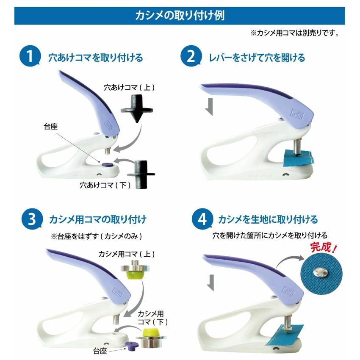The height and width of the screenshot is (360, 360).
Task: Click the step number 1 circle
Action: click(x=30, y=56)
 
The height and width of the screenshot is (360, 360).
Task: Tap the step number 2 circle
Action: click(x=191, y=56)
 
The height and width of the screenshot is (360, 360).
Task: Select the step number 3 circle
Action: click(x=32, y=219)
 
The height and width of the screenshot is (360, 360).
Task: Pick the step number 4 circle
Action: click(x=202, y=219)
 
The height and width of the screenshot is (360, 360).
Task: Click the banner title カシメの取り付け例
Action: click(x=180, y=16)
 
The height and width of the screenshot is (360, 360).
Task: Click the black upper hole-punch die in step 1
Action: click(x=137, y=109)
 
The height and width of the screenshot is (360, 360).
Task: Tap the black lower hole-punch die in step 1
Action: click(x=141, y=174)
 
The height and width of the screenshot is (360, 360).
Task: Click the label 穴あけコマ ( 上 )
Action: click(x=129, y=88)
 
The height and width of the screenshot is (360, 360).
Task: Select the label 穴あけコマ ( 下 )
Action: click(x=105, y=185)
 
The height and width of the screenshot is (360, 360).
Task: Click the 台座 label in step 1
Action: click(x=50, y=127)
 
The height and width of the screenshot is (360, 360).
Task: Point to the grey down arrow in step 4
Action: click(x=210, y=282)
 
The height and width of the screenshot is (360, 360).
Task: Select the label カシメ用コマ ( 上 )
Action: click(x=127, y=254)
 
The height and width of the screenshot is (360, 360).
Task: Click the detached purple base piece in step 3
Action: click(x=132, y=345)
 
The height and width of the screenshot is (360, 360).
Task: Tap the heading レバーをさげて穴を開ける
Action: click(x=257, y=58)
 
